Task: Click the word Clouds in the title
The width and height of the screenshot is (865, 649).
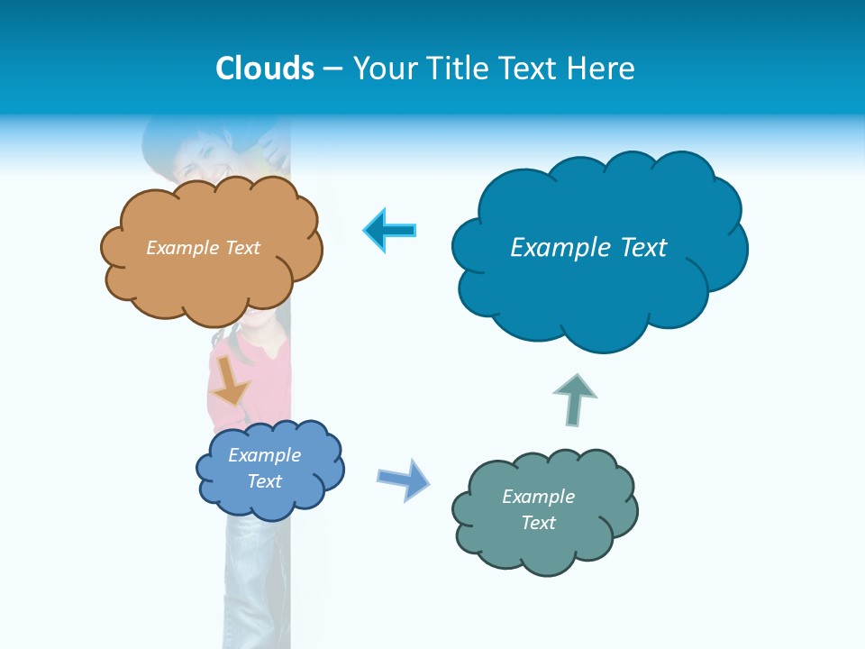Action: coord(265,69)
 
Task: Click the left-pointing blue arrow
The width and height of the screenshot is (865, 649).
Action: coord(390,230)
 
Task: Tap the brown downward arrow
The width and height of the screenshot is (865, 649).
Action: coord(230,383)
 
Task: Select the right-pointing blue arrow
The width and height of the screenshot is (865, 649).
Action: coord(404,479)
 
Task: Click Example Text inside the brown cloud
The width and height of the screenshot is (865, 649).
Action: coord(203,248)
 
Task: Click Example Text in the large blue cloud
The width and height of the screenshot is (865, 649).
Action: coord(588,248)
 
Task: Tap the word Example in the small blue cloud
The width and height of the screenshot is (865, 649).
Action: coord(264,455)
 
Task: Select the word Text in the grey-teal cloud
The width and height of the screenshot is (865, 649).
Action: coord(538,523)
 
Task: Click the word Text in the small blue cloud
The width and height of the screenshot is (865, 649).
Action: coord(264,481)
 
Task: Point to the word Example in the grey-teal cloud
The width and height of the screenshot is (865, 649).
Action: coord(538,497)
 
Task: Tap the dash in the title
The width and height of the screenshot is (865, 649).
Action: coord(332,69)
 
